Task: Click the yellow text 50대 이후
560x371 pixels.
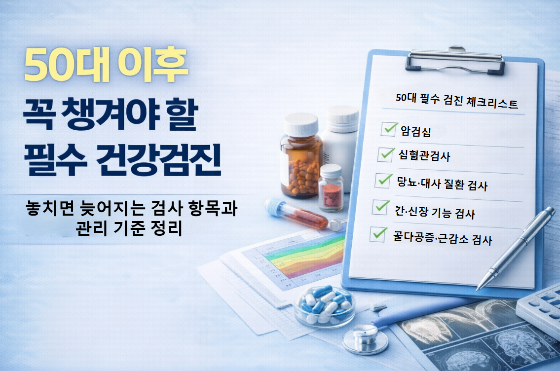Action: coord(106,64)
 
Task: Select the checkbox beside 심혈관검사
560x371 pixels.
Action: coord(385,154)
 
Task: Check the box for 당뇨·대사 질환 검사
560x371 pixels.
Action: coord(383,181)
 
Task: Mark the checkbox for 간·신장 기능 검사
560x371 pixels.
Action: coord(380,208)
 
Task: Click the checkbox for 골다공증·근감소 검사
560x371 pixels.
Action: coord(378,234)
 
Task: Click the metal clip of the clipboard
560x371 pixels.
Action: coord(454,61)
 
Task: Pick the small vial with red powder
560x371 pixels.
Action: coord(331,187)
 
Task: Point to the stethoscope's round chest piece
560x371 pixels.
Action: coord(365,338)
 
